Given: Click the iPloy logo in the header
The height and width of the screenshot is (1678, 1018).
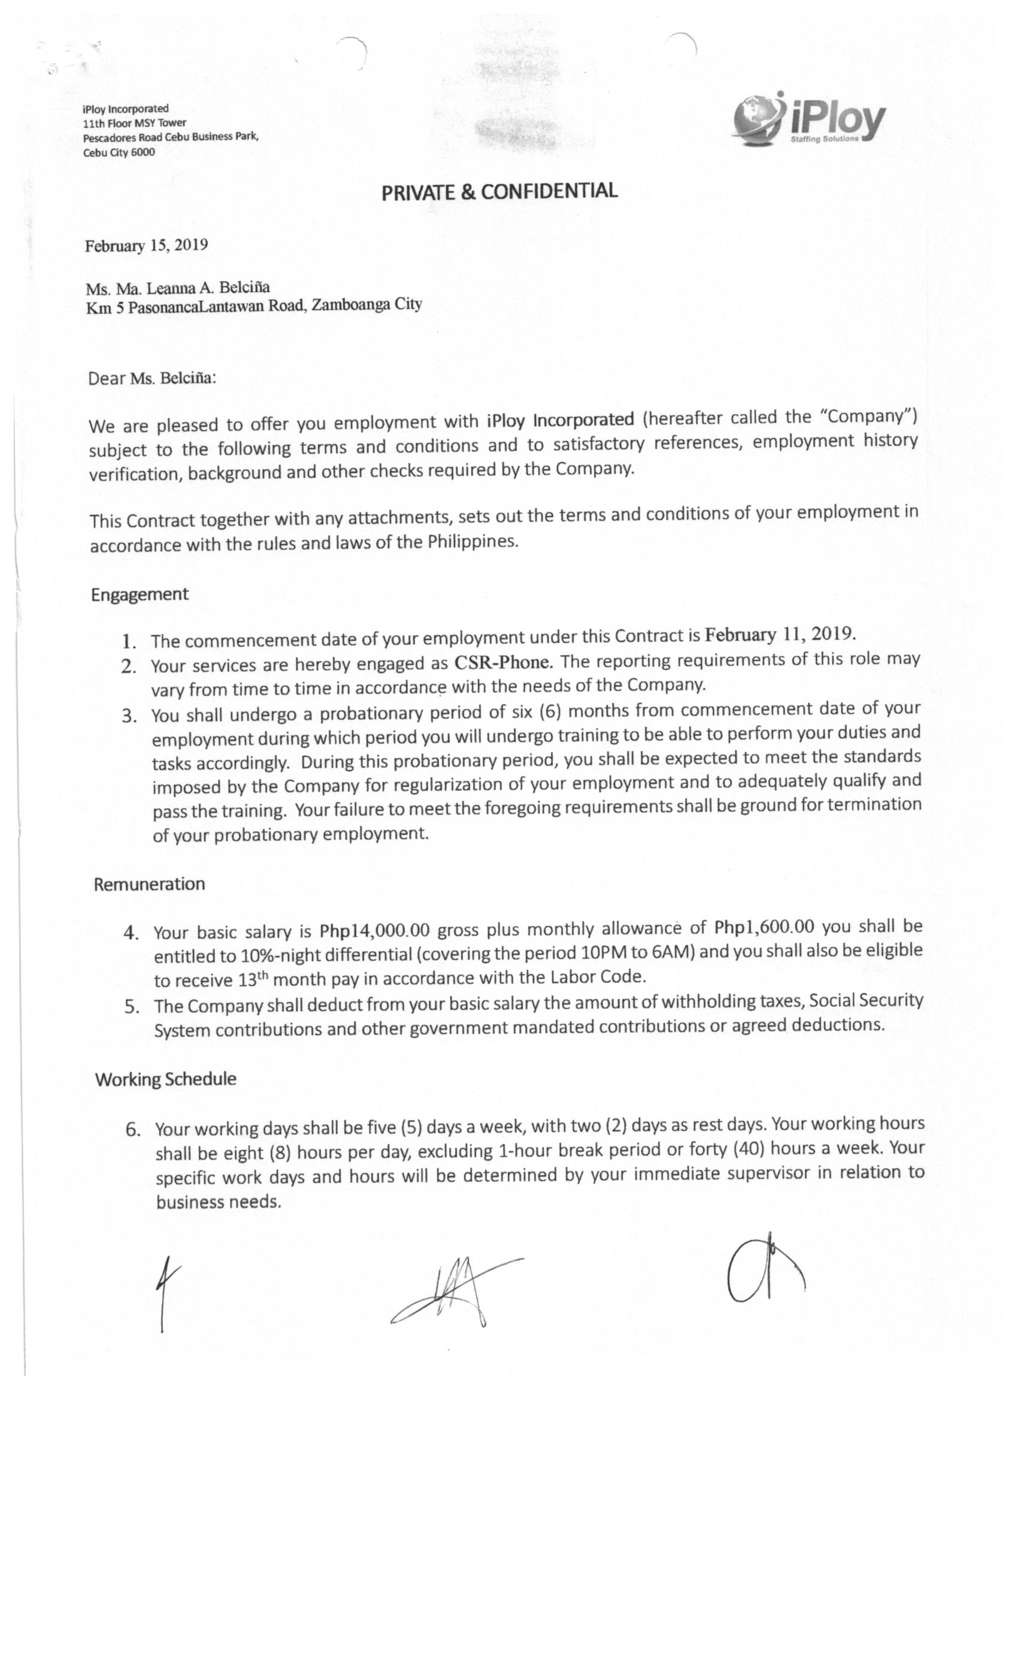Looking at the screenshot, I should point(808,120).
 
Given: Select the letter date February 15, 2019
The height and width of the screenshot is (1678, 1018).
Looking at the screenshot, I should point(146,246).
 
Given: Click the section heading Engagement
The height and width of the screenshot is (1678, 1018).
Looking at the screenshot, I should point(140,594).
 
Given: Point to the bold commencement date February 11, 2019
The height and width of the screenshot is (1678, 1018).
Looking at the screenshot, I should point(779,635).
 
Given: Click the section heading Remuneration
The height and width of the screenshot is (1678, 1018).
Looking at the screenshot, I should point(149,885).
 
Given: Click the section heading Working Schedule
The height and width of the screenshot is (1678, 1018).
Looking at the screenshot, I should point(165,1079).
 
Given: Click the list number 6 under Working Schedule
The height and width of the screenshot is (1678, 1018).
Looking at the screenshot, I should point(133,1130).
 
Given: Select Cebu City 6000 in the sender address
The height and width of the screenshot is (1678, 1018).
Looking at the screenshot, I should point(119,152).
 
